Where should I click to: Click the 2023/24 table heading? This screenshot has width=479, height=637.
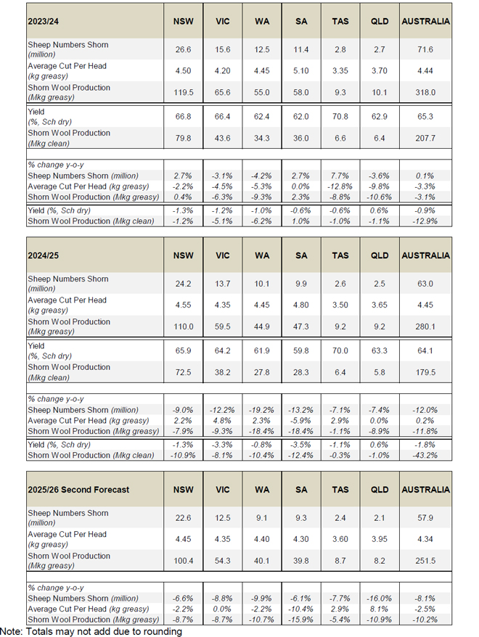(43, 21)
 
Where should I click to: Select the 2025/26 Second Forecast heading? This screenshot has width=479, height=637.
(78, 490)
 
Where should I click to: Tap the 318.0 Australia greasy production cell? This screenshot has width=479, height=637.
(425, 92)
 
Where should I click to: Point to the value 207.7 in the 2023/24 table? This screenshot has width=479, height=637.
(425, 138)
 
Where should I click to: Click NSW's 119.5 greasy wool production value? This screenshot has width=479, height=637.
(183, 92)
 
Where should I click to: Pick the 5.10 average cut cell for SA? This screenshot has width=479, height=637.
(301, 70)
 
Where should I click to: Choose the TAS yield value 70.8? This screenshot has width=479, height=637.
(340, 117)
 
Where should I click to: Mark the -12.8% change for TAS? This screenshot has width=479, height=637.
(340, 186)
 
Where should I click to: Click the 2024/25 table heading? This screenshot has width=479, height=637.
(43, 255)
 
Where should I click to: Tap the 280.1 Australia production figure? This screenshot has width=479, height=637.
(425, 326)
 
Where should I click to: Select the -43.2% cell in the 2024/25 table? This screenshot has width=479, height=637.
(425, 456)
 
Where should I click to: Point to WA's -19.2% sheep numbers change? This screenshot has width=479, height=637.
(262, 410)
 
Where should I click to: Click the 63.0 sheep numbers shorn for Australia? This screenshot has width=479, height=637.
(425, 284)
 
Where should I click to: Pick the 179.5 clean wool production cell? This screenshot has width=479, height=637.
(425, 372)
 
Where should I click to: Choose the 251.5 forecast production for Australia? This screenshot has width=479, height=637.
(425, 561)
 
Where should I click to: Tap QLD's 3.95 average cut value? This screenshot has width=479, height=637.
(380, 539)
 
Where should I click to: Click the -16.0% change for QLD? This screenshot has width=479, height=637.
(380, 599)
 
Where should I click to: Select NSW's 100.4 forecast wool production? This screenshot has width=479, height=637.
(183, 561)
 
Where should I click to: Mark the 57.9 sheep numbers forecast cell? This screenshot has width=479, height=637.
(425, 518)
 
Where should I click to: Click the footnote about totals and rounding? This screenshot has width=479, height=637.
(91, 631)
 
